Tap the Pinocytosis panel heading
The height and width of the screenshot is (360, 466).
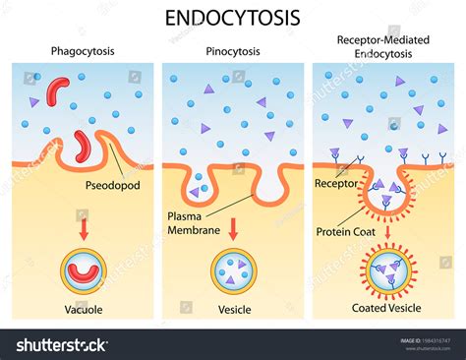pos(233,50)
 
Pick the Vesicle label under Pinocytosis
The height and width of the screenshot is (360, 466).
pos(233,310)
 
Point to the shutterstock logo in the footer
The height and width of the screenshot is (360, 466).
pos(62,345)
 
